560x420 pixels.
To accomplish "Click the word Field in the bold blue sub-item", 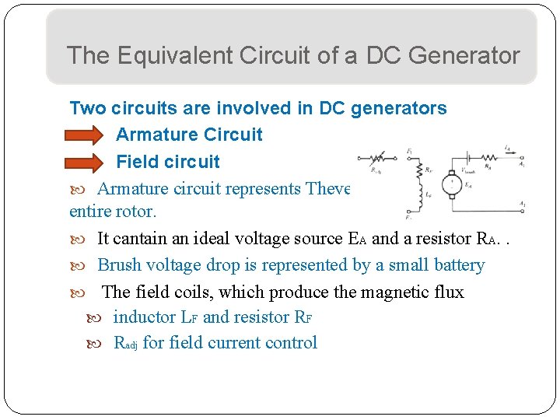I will [x=135, y=162].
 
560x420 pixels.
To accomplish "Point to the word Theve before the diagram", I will [x=329, y=188].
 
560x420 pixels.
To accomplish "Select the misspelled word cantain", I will [x=146, y=239].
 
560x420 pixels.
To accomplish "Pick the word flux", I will [x=449, y=292].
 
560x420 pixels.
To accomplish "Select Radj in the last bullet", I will [x=125, y=343].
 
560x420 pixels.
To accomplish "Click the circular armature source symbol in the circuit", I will [x=450, y=185].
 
